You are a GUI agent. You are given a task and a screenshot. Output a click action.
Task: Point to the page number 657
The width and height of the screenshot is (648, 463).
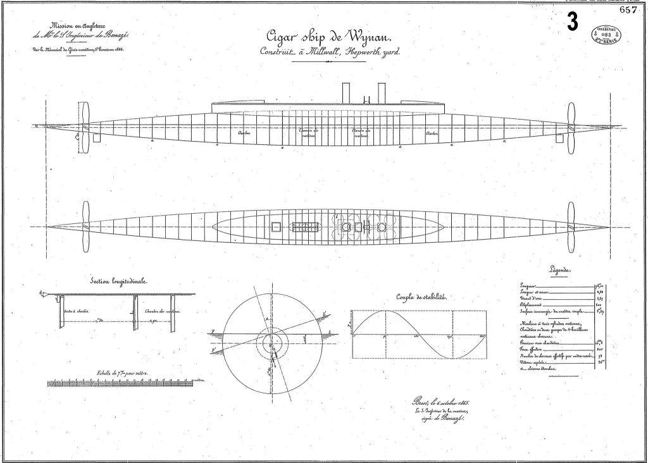pyautogui.click(x=628, y=9)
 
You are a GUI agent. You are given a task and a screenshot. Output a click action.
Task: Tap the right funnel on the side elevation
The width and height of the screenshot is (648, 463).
pyautogui.click(x=382, y=92)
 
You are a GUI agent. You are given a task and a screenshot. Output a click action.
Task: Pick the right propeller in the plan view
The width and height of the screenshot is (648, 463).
pyautogui.click(x=571, y=226)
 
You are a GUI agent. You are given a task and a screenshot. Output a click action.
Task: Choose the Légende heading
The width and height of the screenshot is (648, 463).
pyautogui.click(x=559, y=270)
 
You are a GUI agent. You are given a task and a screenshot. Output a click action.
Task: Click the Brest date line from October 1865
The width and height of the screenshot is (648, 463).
pyautogui.click(x=444, y=402)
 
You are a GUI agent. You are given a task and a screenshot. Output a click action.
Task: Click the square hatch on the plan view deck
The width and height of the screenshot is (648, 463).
pyautogui.click(x=275, y=226)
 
